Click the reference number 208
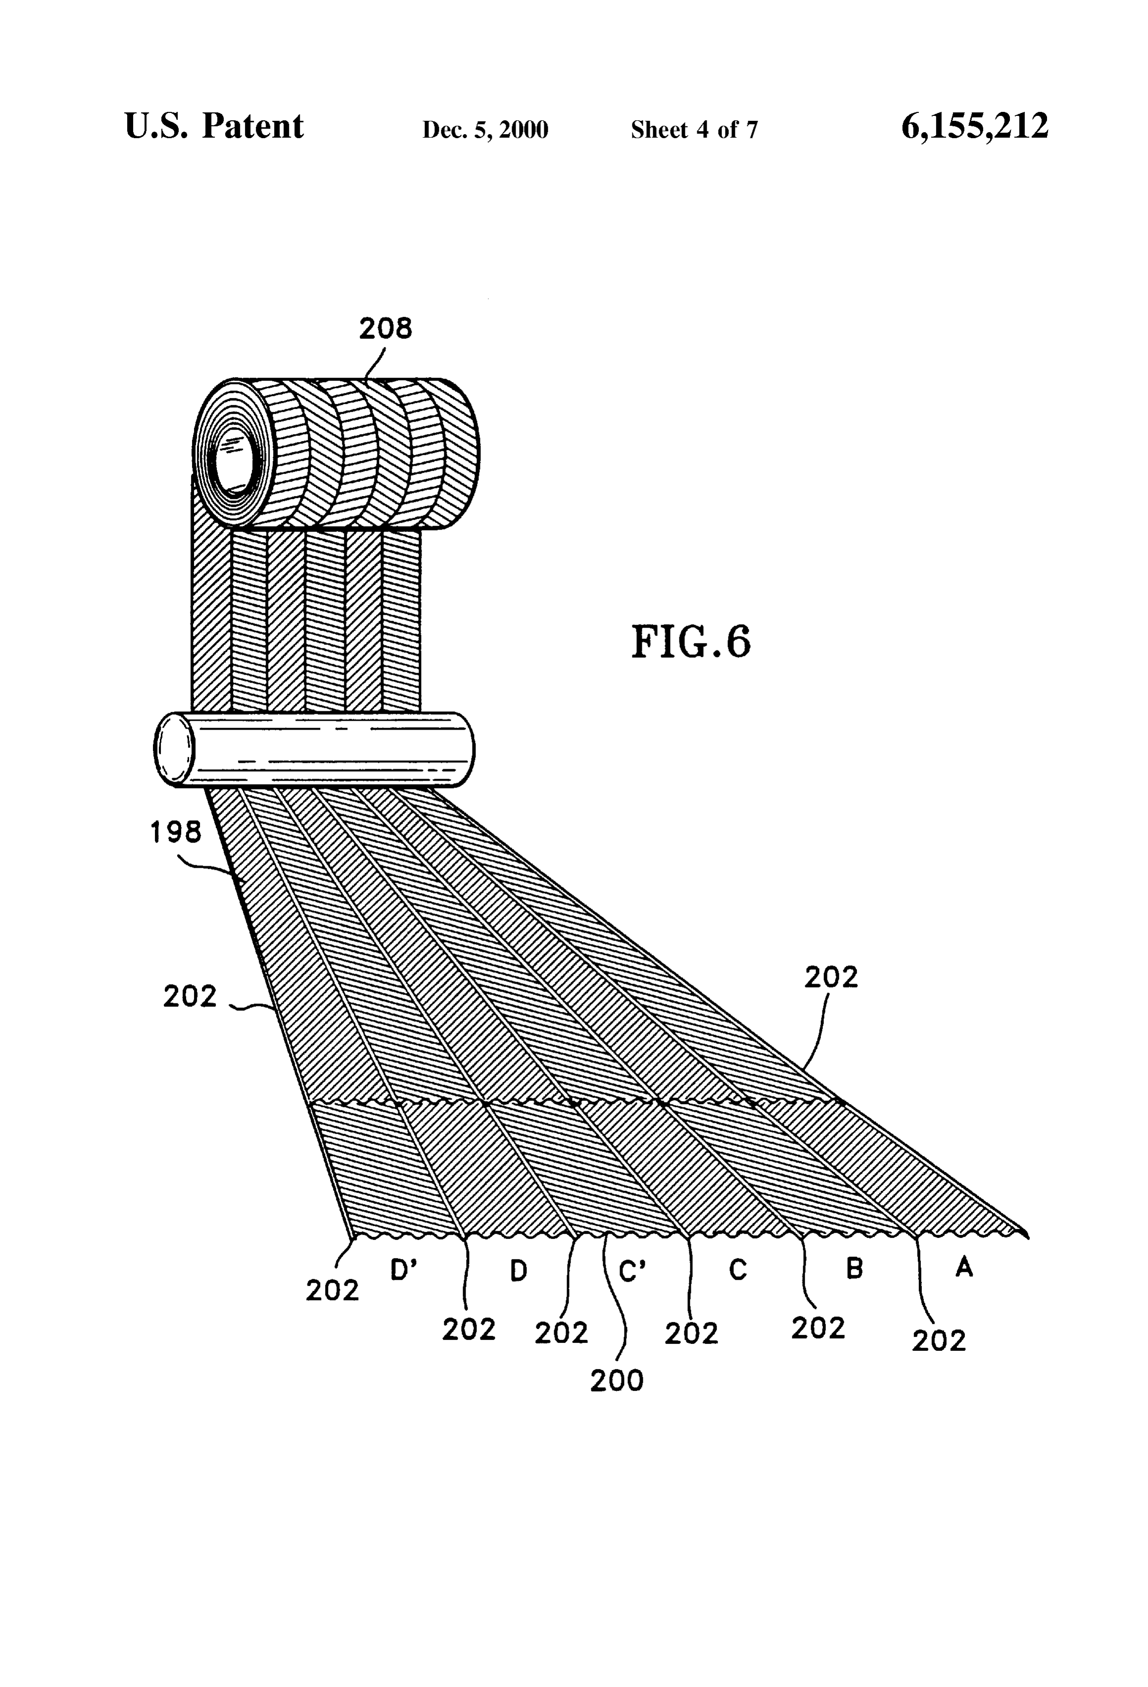385,329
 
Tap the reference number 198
176,832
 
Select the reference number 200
617,1381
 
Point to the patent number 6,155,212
975,126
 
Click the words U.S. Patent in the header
214,126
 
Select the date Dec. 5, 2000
485,130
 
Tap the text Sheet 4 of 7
694,130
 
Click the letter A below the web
964,1267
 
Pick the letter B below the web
855,1268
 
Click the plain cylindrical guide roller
314,749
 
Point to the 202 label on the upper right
831,977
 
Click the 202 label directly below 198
190,996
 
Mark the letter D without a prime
518,1270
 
